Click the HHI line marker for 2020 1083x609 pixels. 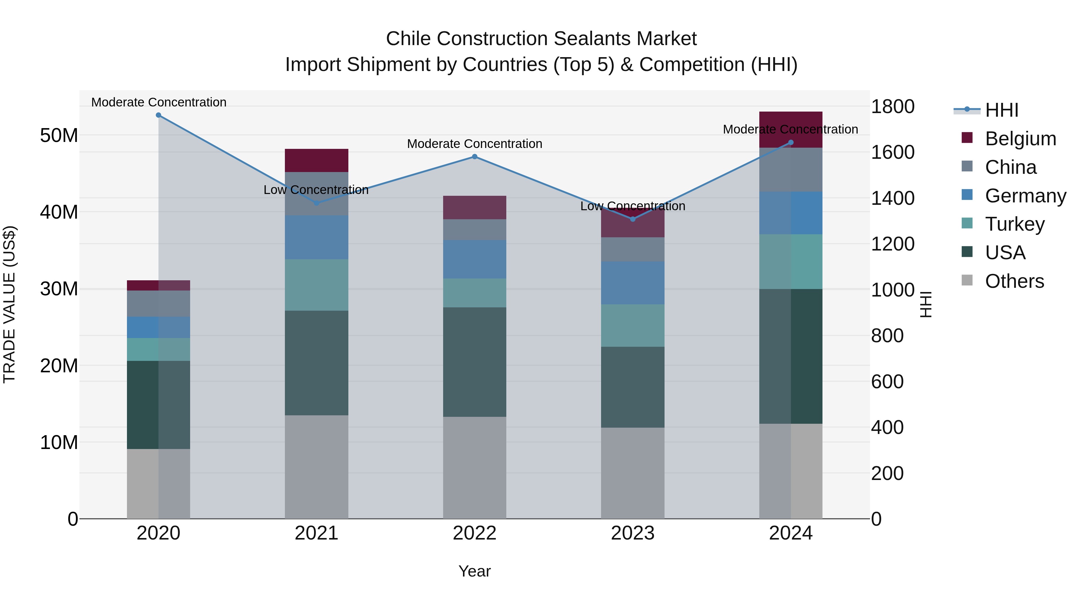coord(159,115)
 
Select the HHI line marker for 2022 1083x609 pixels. coord(475,157)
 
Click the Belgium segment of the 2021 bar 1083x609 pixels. coord(316,161)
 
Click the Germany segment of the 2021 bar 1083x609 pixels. coord(316,238)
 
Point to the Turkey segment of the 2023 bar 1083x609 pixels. coord(633,325)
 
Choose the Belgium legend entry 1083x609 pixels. coord(1020,139)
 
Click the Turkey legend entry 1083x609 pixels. coord(1014,224)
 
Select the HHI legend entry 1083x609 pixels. coord(1001,110)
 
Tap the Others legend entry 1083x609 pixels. coord(1014,281)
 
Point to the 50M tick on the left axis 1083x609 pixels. coord(59,136)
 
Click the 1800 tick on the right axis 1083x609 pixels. coord(893,106)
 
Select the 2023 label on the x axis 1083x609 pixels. coord(633,533)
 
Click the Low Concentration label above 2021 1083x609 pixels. coord(316,190)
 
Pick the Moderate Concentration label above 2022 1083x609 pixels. coord(475,144)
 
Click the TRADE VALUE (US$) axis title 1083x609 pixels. coord(10,305)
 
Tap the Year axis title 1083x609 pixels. coord(475,571)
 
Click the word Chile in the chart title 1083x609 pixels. coord(408,39)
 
